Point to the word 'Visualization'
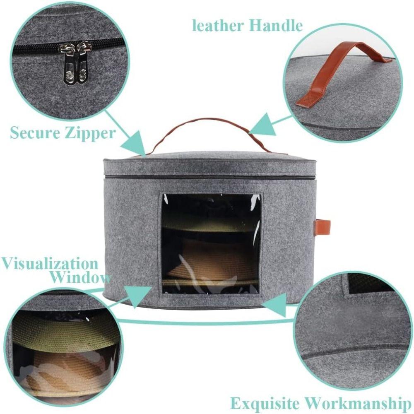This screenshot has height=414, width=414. [50, 264]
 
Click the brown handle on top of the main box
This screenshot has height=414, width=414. [207, 123]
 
